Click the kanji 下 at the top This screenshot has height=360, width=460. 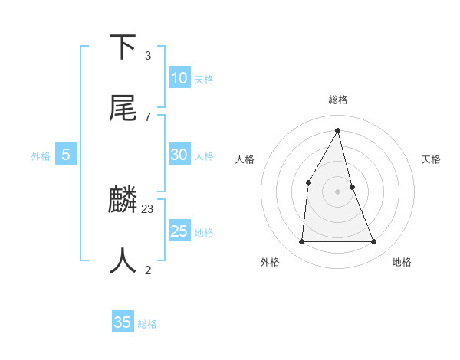click(x=123, y=47)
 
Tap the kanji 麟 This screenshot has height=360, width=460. click(x=123, y=200)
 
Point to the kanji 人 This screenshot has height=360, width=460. click(x=123, y=261)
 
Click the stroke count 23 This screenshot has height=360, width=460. click(x=148, y=208)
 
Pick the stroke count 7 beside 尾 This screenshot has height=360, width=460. click(x=148, y=116)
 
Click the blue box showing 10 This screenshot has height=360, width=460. click(x=179, y=77)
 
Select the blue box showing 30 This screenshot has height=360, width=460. click(x=179, y=154)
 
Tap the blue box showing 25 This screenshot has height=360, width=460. click(x=179, y=231)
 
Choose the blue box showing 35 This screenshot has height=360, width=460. click(x=123, y=322)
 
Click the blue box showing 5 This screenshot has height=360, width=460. click(x=66, y=155)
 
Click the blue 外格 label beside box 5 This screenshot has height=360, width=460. click(x=41, y=155)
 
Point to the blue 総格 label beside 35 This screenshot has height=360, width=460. click(x=147, y=324)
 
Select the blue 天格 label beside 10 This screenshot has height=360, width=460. click(x=204, y=79)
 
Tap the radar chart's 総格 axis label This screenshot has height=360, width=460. click(x=338, y=100)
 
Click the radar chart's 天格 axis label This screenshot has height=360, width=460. click(x=431, y=159)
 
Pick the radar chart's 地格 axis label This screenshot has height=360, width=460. click(x=402, y=262)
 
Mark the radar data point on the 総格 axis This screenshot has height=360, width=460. click(x=338, y=129)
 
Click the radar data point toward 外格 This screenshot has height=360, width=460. click(x=301, y=241)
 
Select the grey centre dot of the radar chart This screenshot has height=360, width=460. click(x=338, y=191)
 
